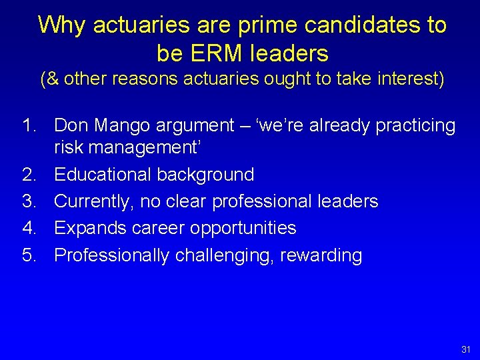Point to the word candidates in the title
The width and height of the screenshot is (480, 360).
point(353,25)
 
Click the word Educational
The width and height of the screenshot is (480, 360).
point(103,175)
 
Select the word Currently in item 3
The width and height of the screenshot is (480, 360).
point(93,201)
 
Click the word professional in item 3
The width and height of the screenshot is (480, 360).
point(263,201)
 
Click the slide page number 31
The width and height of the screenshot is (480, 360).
point(465,349)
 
